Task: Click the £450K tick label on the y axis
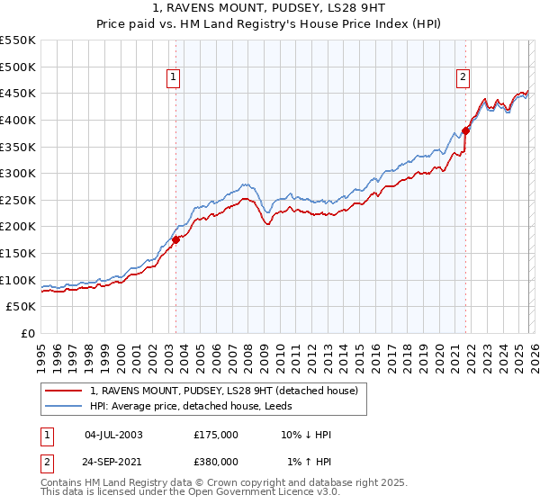(18, 94)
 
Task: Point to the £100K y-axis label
(18, 280)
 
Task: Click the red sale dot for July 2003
(176, 238)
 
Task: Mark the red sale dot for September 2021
(466, 130)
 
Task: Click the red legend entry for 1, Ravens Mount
(224, 391)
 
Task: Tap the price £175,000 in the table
(216, 435)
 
